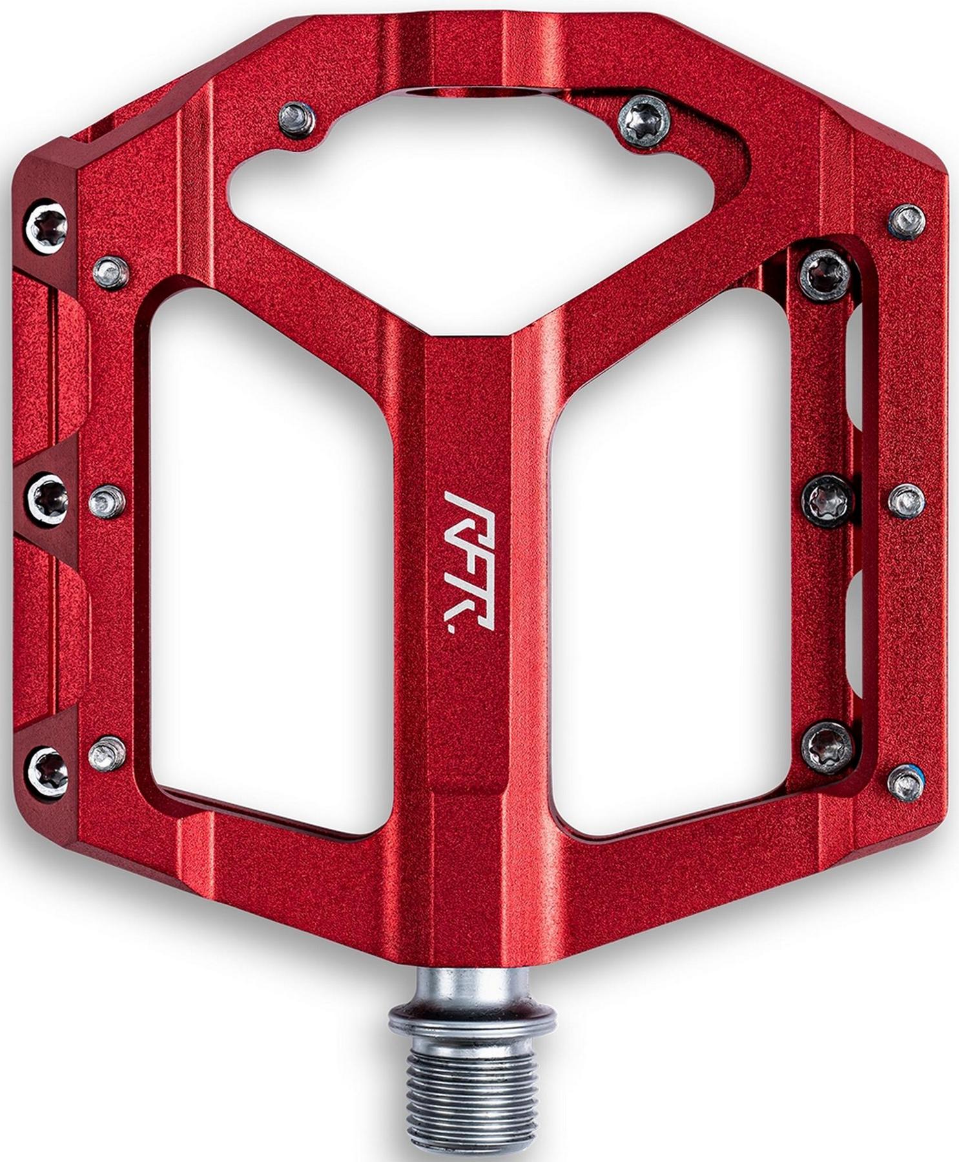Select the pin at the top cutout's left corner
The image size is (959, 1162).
298,117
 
